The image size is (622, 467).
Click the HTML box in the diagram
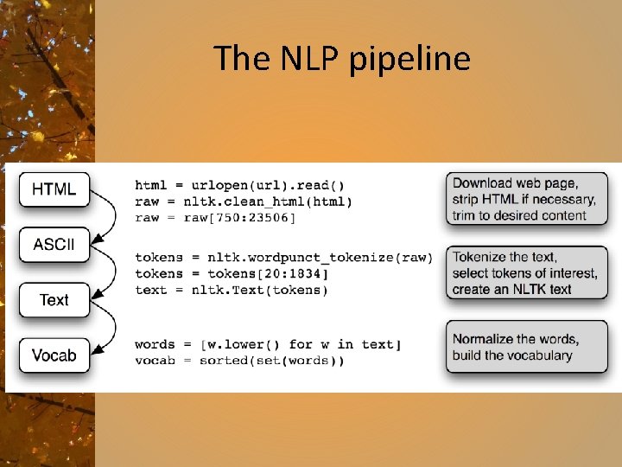54,189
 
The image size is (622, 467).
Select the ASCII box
54,245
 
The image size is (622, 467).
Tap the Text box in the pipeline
54,300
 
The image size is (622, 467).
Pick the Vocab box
54,355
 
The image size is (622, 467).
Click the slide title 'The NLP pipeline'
342,59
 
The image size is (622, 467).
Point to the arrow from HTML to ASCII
109,216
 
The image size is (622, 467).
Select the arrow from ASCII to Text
109,272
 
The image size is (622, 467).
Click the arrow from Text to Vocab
109,328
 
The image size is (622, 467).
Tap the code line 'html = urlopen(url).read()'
239,185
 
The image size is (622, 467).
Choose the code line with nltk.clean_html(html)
244,202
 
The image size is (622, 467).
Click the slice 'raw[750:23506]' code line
216,217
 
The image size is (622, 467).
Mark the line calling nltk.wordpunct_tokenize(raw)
283,258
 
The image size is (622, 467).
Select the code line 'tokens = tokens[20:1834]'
232,273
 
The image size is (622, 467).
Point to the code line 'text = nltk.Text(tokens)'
232,290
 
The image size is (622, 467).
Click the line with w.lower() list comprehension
268,344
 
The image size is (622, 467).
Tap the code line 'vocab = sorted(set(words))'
239,360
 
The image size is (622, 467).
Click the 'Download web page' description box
526,199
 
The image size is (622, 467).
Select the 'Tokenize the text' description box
526,273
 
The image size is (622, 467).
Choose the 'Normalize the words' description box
526,347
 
